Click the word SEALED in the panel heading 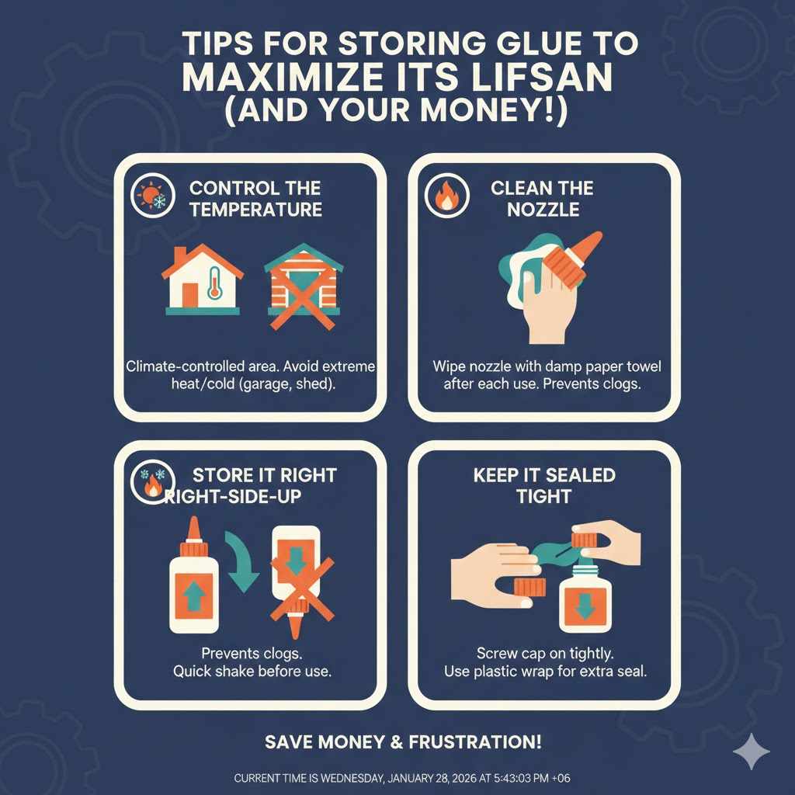pos(580,474)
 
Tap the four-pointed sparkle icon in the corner pos(752,752)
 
